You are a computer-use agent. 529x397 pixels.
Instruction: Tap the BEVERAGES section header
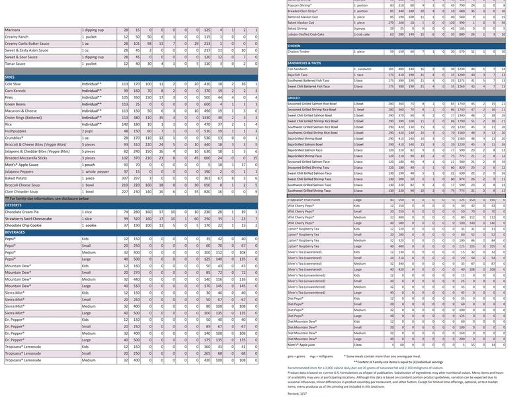point(17,232)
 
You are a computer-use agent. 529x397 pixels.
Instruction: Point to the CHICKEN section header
point(296,46)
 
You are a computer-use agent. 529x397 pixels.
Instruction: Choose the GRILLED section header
point(294,97)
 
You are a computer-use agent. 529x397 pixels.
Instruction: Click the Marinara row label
point(14,30)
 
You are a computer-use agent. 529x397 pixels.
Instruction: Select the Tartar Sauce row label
point(16,64)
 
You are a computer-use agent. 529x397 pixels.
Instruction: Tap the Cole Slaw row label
point(14,84)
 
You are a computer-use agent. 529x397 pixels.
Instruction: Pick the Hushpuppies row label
point(17,132)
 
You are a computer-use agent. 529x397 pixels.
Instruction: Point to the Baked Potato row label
point(17,177)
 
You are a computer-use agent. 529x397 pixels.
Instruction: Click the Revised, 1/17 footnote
point(298,392)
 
